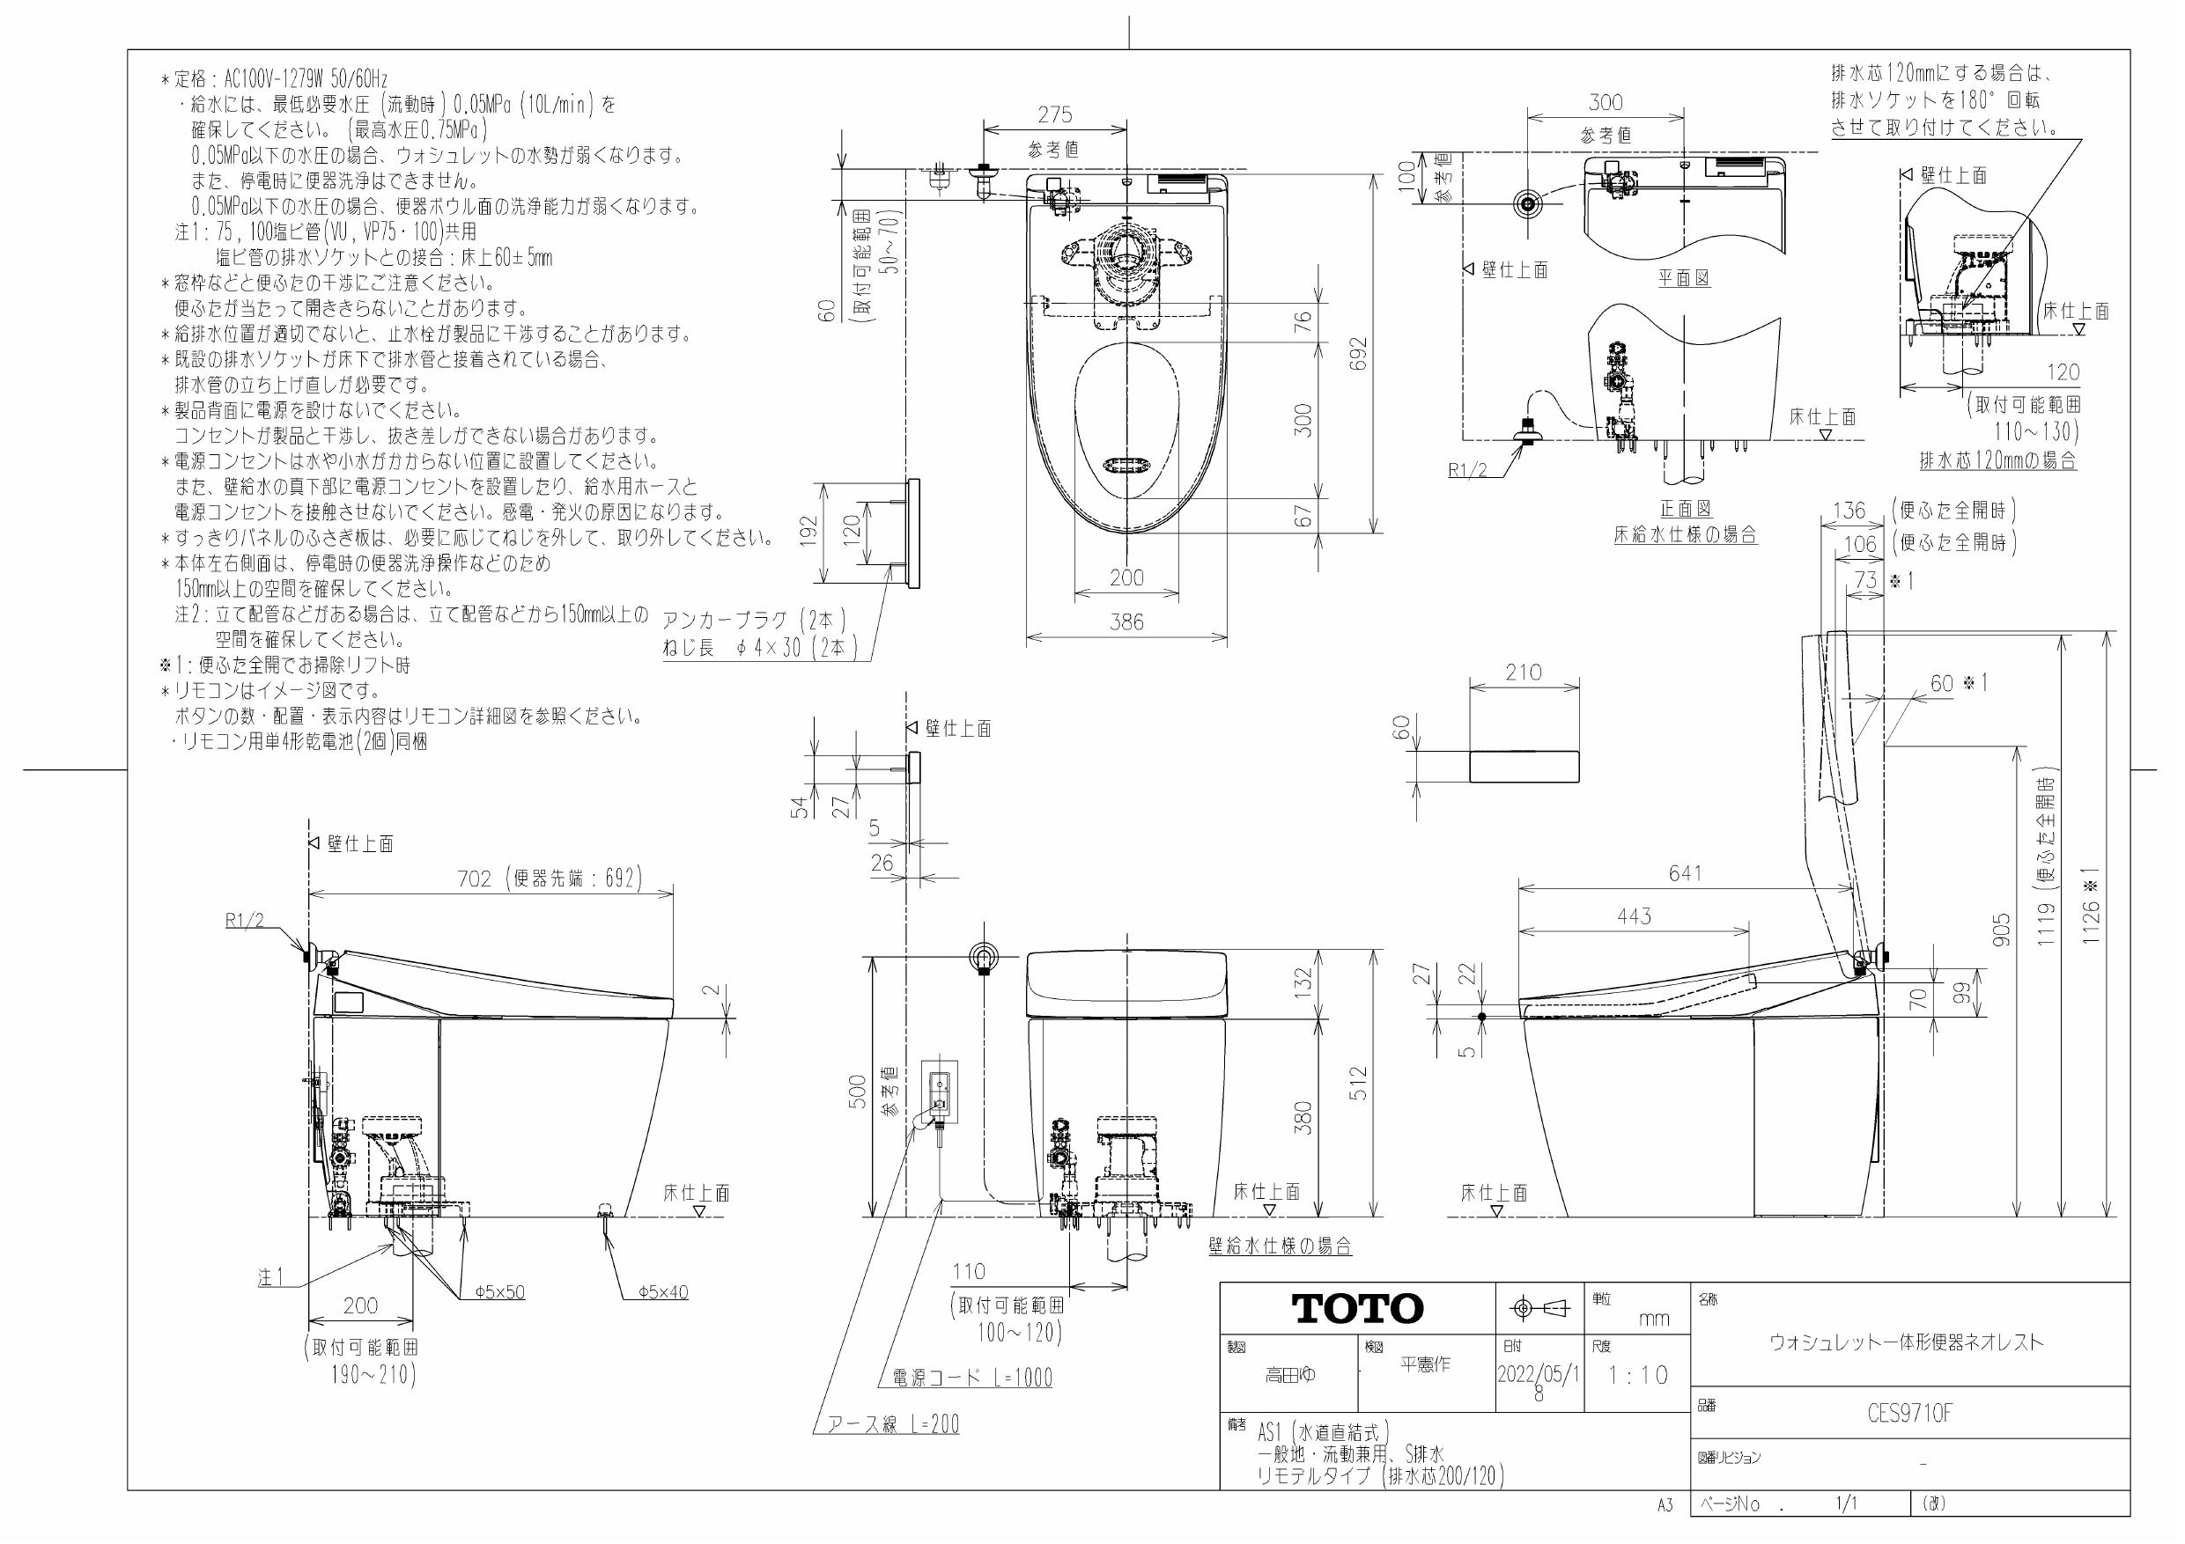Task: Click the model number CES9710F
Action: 1909,1415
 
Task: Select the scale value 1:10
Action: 1638,1376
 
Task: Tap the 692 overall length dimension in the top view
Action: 1358,354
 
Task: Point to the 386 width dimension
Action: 1126,622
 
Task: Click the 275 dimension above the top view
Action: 1054,115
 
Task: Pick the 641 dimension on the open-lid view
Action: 1686,872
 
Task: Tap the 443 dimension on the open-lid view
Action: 1634,916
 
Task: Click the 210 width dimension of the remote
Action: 1524,673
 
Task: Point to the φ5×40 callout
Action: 662,1292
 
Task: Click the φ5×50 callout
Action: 499,1292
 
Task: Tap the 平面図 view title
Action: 1684,278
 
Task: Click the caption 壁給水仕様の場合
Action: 1280,1246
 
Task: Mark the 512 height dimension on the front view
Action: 1358,1084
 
